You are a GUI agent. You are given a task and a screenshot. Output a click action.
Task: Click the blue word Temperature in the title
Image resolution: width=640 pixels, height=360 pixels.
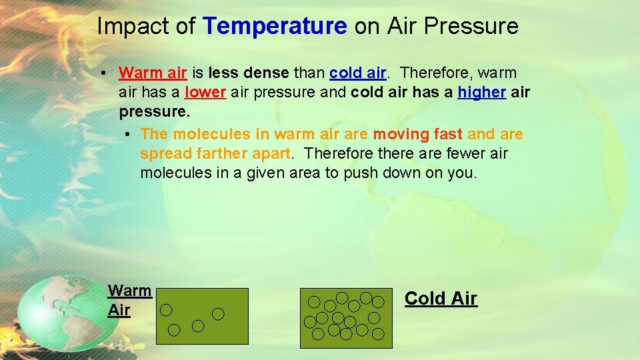coord(275,26)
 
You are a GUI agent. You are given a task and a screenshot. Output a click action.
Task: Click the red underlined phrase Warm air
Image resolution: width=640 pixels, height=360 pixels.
coord(152,72)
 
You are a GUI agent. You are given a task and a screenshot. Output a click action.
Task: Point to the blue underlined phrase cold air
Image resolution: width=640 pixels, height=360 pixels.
coord(357,72)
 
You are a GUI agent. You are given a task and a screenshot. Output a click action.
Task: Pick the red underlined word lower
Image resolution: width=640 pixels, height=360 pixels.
coord(205,93)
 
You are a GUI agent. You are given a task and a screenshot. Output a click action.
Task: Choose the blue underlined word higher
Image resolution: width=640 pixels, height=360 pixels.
coord(481,93)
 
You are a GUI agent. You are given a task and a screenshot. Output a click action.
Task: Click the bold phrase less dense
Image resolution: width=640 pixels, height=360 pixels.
coord(249,72)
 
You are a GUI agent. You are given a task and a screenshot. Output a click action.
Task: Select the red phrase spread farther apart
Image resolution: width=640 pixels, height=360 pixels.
coord(215,154)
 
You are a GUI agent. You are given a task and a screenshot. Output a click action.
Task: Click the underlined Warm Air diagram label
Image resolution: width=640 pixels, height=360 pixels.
coord(129,300)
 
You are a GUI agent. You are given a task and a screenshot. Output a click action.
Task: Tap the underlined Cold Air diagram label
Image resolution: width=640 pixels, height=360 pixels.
coord(441,298)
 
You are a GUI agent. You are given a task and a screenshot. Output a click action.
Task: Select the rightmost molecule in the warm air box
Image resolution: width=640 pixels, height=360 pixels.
coord(218,313)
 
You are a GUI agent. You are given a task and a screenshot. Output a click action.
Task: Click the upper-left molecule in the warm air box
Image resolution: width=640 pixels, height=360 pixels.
coord(166,309)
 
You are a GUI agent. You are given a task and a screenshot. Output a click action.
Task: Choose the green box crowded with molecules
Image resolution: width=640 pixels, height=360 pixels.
coord(341,318)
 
